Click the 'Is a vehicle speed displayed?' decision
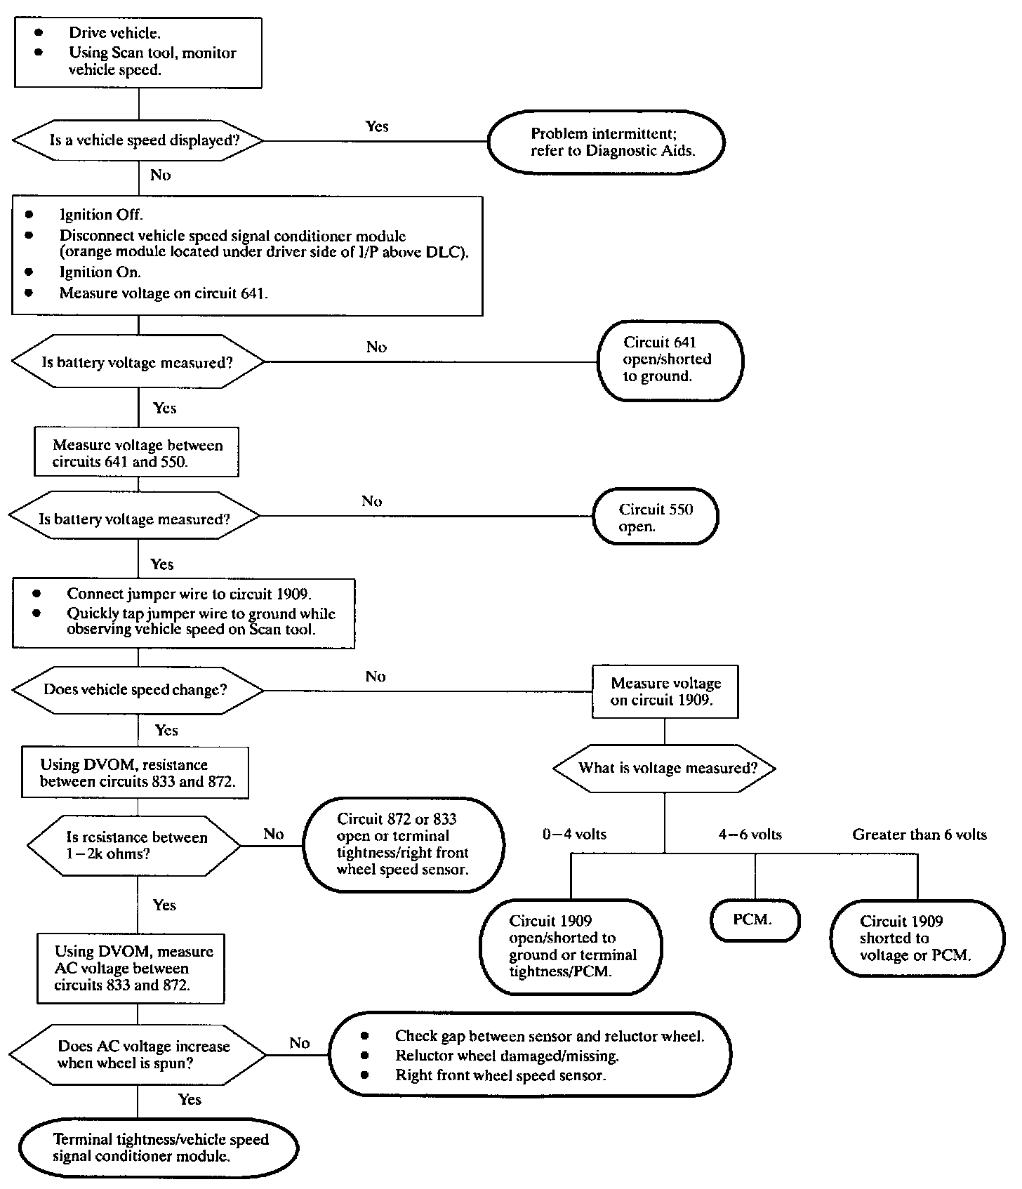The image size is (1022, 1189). click(x=138, y=140)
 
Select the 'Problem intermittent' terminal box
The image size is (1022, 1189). click(x=606, y=142)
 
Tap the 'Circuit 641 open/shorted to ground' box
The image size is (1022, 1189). click(x=670, y=360)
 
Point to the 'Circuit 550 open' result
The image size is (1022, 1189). click(x=656, y=517)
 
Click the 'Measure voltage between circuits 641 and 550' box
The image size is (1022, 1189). click(x=137, y=452)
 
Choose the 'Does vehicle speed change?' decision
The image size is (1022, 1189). click(x=138, y=690)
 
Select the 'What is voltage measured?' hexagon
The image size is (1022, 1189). click(x=665, y=768)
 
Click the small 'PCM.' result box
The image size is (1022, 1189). click(x=755, y=920)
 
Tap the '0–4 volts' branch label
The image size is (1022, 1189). click(x=574, y=835)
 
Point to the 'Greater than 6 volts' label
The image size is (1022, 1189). click(x=920, y=835)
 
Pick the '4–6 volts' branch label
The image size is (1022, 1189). click(x=750, y=835)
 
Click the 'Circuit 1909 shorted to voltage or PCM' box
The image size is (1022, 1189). click(x=917, y=938)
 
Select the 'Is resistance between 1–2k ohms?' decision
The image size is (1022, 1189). click(x=134, y=846)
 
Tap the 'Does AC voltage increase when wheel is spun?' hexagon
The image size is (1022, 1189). click(x=138, y=1054)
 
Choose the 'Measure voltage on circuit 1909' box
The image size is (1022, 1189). click(x=665, y=691)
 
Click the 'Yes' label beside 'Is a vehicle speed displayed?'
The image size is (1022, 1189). click(x=377, y=126)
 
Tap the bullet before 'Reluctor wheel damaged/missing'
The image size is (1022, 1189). click(x=364, y=1055)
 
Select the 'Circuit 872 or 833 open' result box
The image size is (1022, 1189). click(x=403, y=844)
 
